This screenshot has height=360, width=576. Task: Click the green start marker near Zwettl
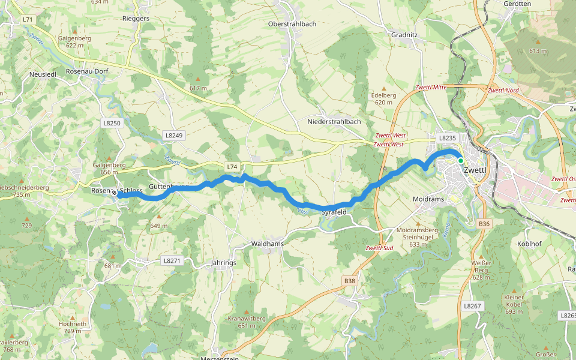coord(460,161)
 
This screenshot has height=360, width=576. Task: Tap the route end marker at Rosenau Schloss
coord(114,193)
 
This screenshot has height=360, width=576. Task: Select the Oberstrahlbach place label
coord(292,23)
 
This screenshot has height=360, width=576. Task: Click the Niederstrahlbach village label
coord(334,121)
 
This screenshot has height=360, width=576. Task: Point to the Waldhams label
coord(267,244)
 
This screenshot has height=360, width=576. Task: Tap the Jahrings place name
coord(223,263)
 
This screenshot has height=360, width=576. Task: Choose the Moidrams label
coord(428,199)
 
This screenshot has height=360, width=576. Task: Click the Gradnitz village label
coord(404,35)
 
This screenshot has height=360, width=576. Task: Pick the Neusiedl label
coord(43,74)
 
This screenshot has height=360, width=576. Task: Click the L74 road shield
coord(232,166)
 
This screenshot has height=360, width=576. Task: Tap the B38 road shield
coord(350,280)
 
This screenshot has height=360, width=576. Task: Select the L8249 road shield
coord(173,136)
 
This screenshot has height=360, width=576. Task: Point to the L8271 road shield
coord(172,260)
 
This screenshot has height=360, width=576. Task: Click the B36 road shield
coord(484,224)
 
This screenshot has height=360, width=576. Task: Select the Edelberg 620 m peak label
coord(384,98)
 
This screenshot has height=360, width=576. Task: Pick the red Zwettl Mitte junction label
coord(431,88)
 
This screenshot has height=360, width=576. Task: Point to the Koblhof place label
coord(530,244)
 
